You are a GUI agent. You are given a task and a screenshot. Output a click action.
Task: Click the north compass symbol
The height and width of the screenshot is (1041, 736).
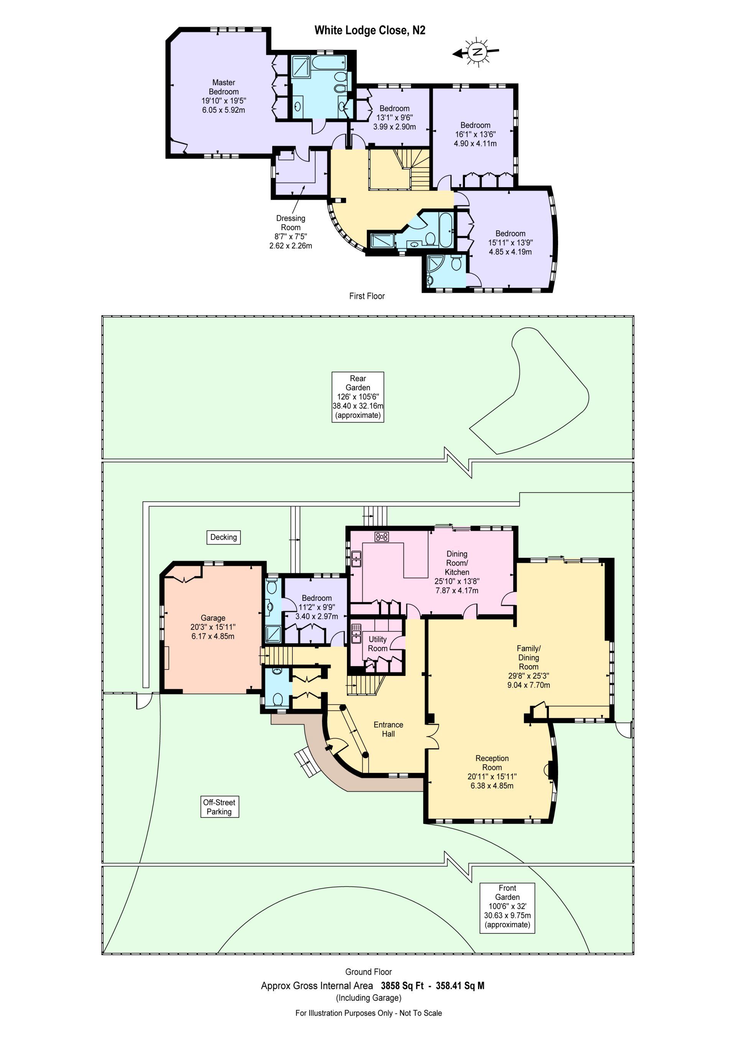tap(476, 52)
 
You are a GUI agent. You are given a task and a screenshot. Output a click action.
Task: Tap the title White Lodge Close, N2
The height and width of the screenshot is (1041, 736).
tap(370, 30)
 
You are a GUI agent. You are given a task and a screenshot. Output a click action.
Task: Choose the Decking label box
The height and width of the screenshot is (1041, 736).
tap(223, 537)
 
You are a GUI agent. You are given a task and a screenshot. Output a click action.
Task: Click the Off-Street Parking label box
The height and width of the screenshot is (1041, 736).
tap(219, 807)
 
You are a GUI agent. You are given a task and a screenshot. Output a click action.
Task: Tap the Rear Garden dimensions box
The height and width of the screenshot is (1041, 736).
tap(358, 397)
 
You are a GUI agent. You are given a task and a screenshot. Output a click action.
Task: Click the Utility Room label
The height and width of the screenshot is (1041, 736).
tap(377, 643)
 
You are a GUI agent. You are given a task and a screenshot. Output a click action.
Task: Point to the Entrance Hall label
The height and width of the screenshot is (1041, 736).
tap(388, 729)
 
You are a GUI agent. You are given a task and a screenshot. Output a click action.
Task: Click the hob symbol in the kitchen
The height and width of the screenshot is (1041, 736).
tap(381, 537)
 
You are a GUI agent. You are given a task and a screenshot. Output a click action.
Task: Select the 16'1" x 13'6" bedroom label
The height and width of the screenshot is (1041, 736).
tap(475, 134)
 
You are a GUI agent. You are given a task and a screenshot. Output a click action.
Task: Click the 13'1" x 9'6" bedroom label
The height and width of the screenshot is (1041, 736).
tap(394, 117)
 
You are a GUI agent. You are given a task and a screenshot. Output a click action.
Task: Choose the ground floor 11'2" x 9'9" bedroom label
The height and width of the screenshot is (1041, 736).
tap(316, 607)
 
